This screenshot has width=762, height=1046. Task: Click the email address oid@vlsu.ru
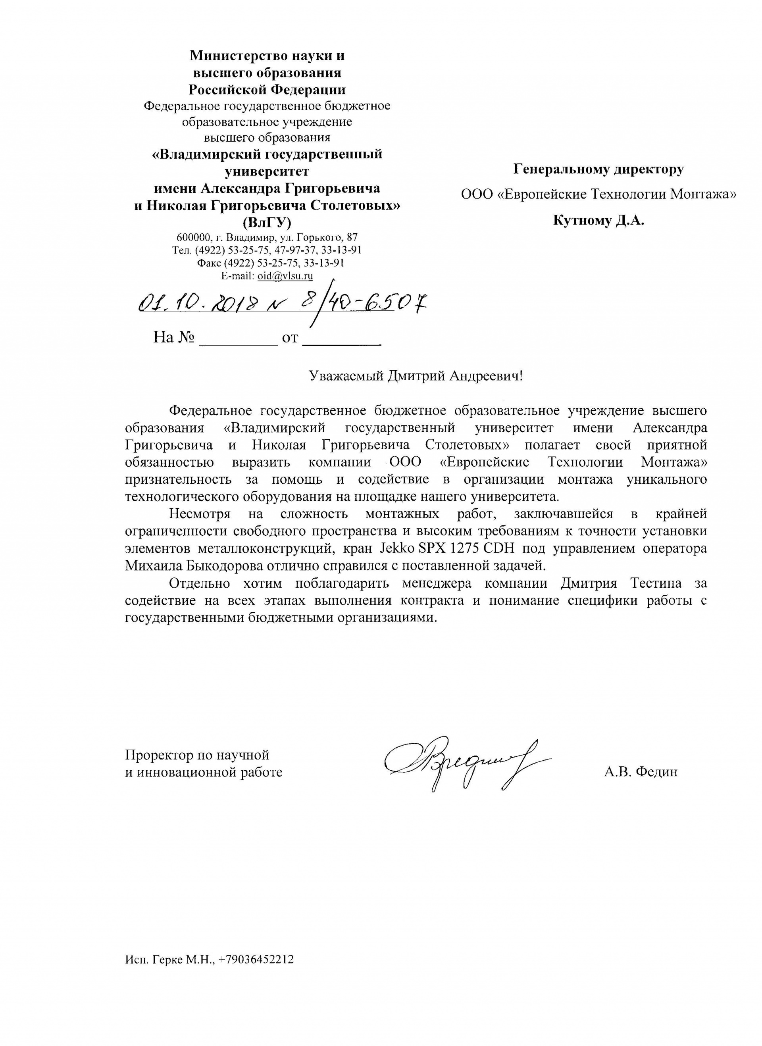(285, 276)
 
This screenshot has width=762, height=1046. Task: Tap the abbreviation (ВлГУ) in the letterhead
(267, 222)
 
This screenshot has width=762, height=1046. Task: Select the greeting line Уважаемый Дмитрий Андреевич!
(416, 376)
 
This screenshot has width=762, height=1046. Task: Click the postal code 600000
(193, 238)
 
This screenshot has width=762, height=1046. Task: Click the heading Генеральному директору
(599, 169)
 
